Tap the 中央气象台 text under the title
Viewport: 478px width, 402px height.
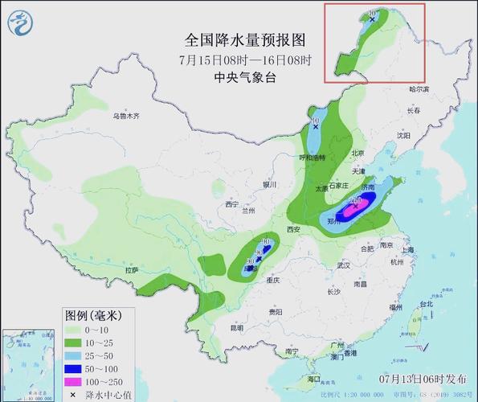point(247,78)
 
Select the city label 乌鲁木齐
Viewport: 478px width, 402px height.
point(126,116)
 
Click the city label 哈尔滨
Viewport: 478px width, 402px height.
point(419,89)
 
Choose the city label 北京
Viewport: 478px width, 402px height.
point(358,154)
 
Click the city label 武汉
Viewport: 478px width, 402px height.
point(344,265)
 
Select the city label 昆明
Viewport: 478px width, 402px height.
point(236,327)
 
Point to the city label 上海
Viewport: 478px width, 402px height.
point(409,250)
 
